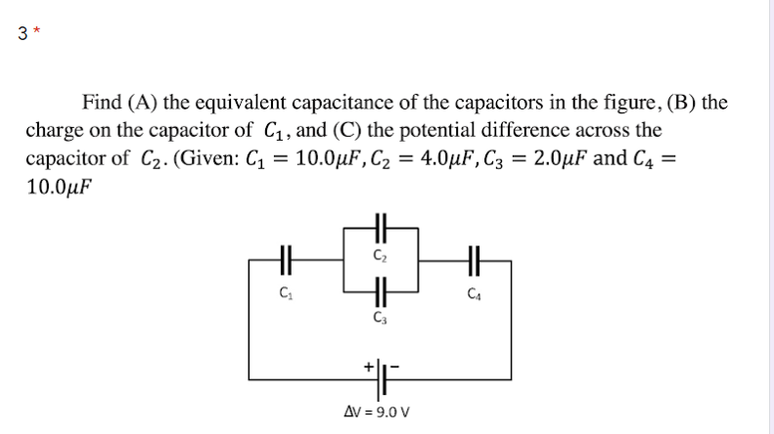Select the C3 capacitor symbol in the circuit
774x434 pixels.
tap(380, 290)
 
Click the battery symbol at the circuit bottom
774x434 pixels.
tap(380, 376)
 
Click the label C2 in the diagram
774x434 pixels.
tap(380, 256)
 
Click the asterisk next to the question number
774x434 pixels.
tap(35, 27)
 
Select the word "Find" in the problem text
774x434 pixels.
tap(101, 103)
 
